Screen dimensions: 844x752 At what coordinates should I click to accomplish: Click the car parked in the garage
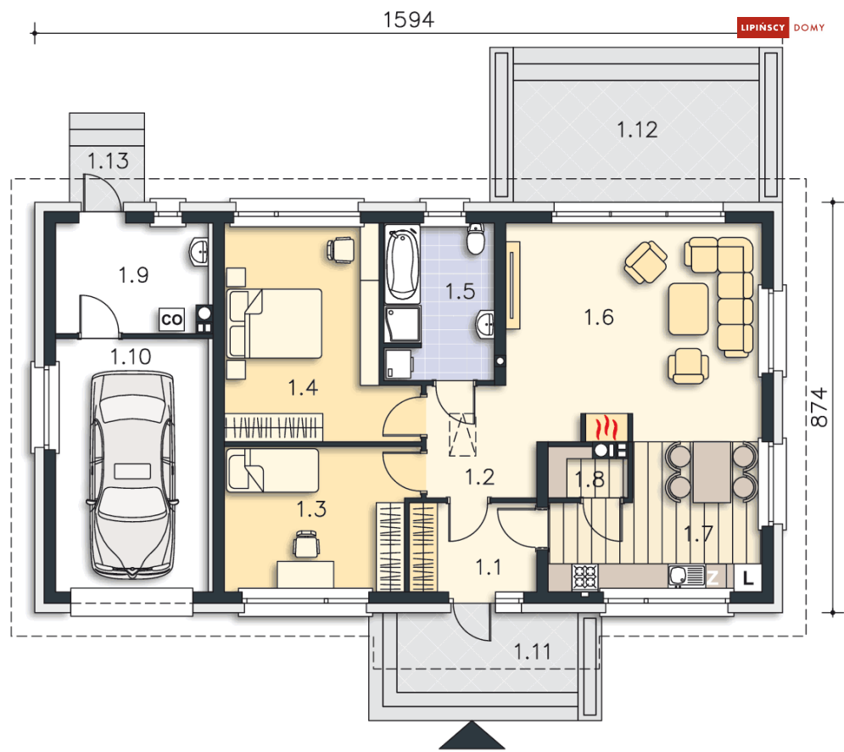tap(132, 474)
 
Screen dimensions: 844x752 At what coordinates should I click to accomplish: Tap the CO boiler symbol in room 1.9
tap(171, 319)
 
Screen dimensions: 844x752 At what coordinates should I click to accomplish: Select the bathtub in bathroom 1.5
tap(403, 265)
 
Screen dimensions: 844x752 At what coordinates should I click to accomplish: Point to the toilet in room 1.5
tap(475, 239)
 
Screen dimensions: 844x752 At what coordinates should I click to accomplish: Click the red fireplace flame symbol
tap(606, 428)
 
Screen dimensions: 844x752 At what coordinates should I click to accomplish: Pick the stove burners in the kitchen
tap(584, 576)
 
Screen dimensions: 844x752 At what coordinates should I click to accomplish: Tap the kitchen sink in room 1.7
tap(686, 575)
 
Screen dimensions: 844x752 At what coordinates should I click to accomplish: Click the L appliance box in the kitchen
tap(747, 578)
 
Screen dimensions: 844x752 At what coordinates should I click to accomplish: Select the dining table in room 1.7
tap(712, 472)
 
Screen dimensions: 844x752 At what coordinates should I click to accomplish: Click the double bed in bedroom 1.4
tap(275, 323)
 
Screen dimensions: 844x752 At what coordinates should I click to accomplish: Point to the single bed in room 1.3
tap(272, 471)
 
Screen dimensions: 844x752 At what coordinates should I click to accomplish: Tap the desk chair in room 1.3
tap(305, 543)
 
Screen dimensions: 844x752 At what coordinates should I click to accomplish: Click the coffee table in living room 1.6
tap(689, 309)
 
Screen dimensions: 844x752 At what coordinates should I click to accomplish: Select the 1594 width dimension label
tap(409, 20)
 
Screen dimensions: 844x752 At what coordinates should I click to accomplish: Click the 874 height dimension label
tap(819, 407)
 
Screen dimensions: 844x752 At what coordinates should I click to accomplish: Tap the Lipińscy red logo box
tap(763, 27)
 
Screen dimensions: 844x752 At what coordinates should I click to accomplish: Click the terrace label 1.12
tap(637, 130)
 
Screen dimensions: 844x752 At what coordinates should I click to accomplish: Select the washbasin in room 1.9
tap(198, 251)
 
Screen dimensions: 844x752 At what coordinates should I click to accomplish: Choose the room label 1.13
tap(109, 161)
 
